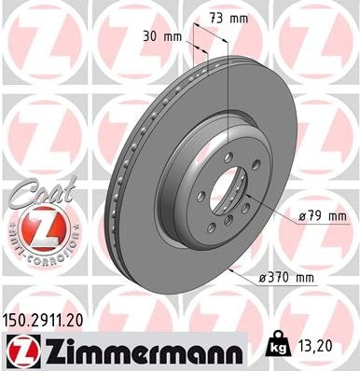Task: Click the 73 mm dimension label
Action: click(227, 17)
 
